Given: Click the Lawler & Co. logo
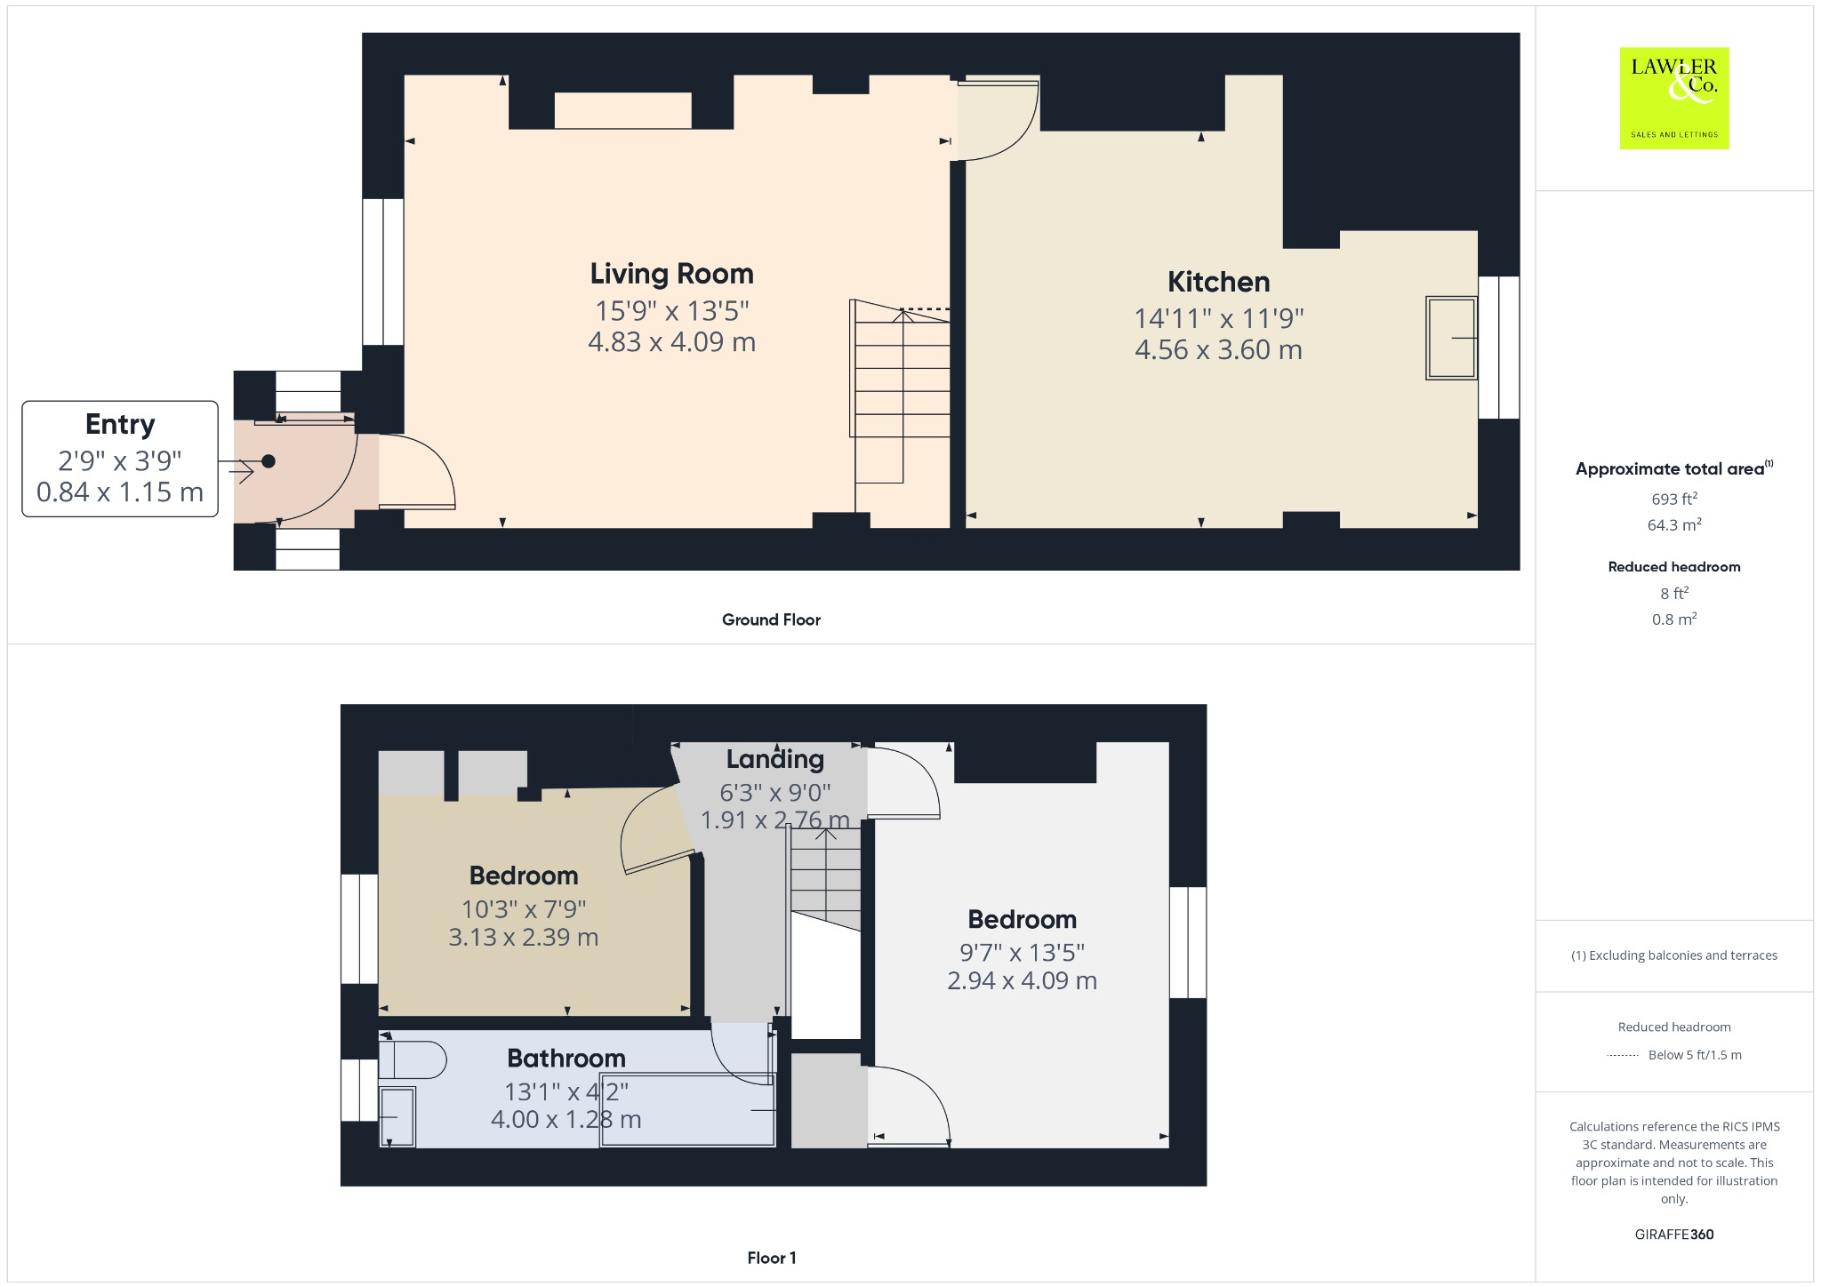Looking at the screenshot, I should (x=1673, y=98).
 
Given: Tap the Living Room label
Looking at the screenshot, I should (x=671, y=274).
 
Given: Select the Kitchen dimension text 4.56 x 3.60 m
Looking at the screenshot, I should (x=1218, y=350).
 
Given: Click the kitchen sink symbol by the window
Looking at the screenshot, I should (x=1450, y=338).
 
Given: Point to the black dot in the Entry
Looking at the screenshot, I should (x=269, y=461).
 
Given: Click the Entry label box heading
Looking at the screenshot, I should (x=120, y=425).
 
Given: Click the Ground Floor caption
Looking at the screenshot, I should (x=771, y=620).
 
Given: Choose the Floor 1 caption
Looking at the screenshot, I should (x=771, y=1258).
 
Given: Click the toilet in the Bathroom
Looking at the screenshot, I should (x=413, y=1059).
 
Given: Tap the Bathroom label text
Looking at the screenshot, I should (x=566, y=1059).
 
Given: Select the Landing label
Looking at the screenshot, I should (x=774, y=759).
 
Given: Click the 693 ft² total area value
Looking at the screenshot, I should (x=1673, y=499).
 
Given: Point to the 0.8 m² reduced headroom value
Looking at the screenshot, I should (x=1673, y=620).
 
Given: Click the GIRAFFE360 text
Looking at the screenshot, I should (x=1673, y=1234).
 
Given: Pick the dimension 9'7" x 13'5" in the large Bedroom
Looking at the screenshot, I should (x=1022, y=953).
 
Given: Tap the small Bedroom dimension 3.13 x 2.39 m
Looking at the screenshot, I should (x=523, y=938).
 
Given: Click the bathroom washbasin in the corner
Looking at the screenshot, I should (x=397, y=1116).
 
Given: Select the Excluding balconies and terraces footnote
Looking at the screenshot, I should (x=1673, y=955).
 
